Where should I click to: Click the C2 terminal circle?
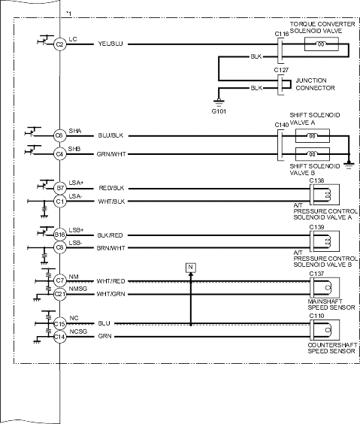59,44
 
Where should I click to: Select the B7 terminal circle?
59,188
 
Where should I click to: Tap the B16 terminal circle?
59,235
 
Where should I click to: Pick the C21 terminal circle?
59,294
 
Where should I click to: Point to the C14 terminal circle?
59,337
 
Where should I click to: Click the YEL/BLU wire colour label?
110,44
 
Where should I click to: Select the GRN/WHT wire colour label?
111,154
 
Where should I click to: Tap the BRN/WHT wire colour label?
110,248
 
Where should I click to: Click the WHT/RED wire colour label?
110,281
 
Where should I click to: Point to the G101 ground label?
219,111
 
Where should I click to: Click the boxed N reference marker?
191,268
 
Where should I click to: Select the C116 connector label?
282,34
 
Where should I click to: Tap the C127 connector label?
281,70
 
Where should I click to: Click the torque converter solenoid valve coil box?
322,44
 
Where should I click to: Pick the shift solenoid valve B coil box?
313,154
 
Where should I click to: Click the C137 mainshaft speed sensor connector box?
325,287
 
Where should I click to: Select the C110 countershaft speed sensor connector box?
325,330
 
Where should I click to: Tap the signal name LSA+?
76,183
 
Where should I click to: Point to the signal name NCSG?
78,332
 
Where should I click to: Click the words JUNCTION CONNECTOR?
315,84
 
